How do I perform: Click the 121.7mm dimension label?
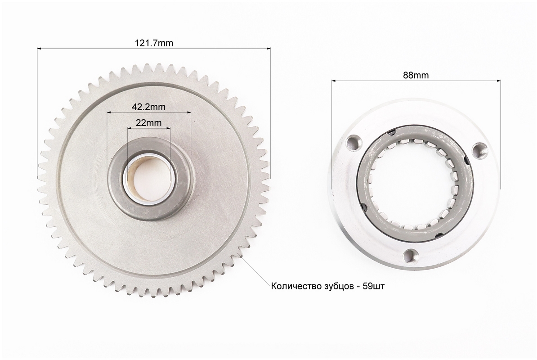point(154,43)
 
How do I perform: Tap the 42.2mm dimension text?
point(148,107)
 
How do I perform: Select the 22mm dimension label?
point(148,122)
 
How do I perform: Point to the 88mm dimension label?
point(416,75)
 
